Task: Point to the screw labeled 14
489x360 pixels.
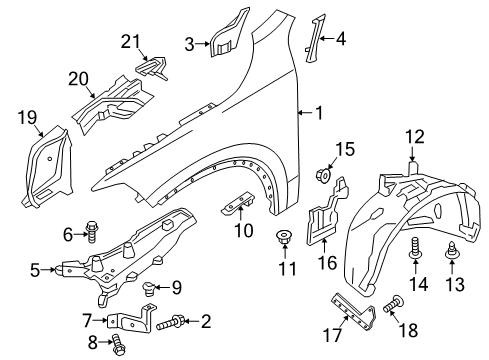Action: [x=412, y=262]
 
